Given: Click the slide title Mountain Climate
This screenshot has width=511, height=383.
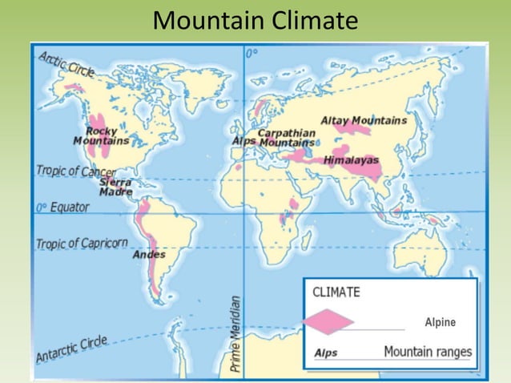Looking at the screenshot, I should (255, 20).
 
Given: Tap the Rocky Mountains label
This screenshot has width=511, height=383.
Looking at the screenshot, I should (101, 136).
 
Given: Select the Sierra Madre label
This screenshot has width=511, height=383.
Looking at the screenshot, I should (115, 186).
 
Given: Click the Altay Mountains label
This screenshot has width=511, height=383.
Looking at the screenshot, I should (364, 120).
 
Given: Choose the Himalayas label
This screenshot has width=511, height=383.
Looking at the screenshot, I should (351, 160).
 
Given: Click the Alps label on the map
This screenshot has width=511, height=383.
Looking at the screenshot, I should (243, 141).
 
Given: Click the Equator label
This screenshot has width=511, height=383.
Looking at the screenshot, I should (62, 207).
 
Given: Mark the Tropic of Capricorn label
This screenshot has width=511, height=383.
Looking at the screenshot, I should (82, 243).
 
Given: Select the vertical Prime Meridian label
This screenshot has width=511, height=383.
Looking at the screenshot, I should (235, 333).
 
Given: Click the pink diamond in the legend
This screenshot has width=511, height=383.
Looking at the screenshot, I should (328, 322).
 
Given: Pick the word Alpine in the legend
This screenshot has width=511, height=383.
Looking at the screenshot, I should (440, 322).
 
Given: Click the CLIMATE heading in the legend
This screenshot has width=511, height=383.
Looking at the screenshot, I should (336, 292).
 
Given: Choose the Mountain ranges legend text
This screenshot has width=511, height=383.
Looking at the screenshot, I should (428, 352).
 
